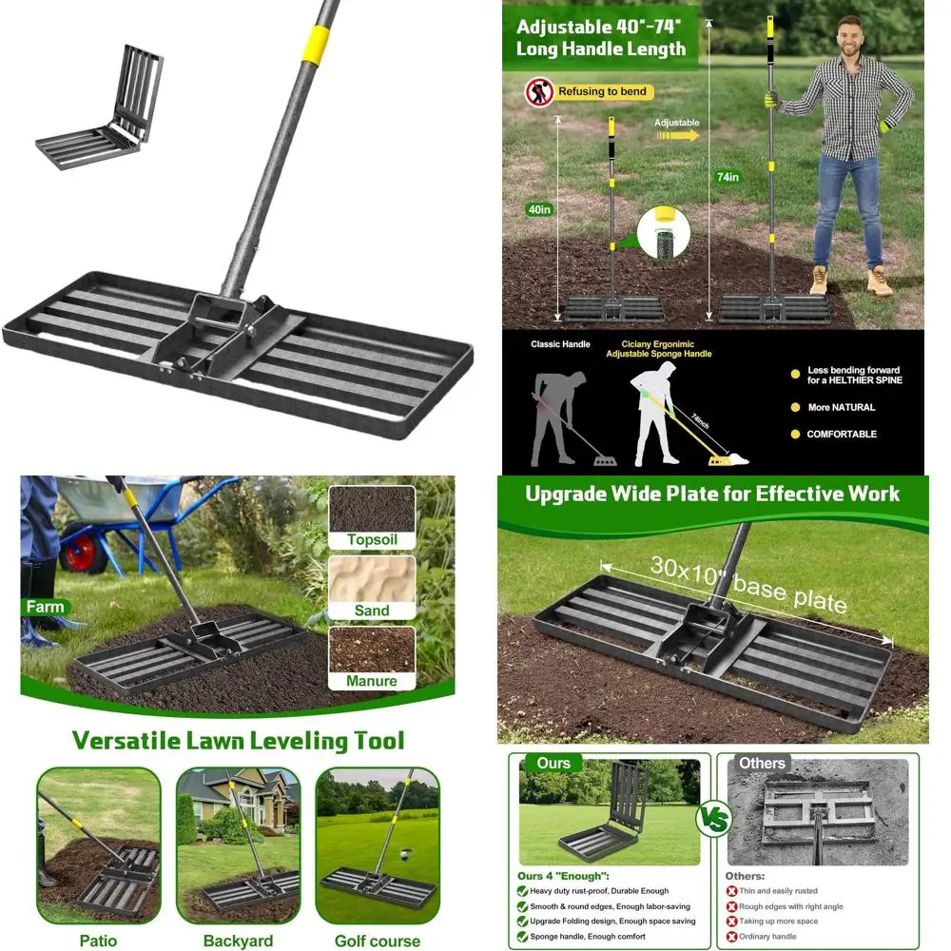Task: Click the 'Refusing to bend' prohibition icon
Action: (539, 92)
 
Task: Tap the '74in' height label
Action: (728, 177)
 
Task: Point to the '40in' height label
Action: (539, 209)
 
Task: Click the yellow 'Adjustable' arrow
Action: (677, 135)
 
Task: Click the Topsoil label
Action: (372, 540)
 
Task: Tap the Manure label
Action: (372, 681)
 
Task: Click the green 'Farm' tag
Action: (45, 607)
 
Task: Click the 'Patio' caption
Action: (98, 941)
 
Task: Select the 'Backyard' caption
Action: (238, 941)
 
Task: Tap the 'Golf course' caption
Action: (377, 941)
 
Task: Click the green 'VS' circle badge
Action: (713, 818)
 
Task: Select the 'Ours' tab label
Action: (553, 763)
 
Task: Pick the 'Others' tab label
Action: (762, 763)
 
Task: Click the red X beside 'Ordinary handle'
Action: (731, 937)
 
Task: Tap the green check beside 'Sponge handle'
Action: (523, 937)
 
